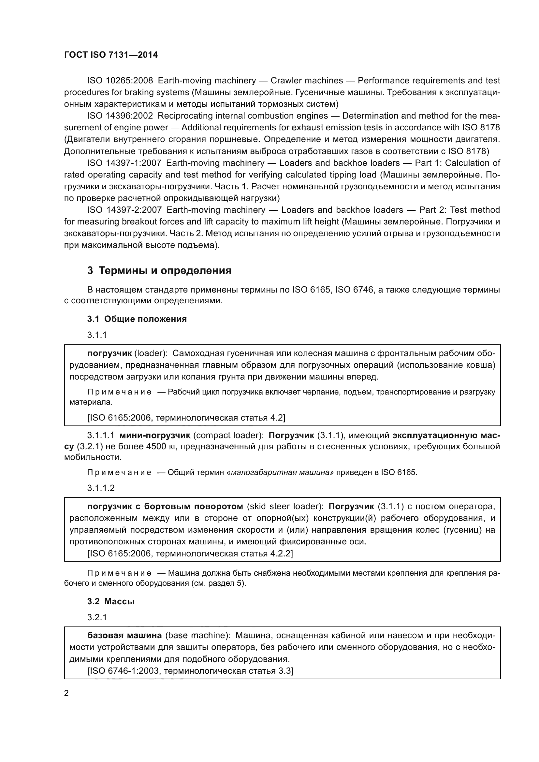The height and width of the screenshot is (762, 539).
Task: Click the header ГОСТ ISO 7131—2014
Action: coord(111,55)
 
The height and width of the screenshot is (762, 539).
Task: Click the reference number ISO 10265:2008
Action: coord(120,81)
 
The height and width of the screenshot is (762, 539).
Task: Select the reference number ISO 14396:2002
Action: coord(120,116)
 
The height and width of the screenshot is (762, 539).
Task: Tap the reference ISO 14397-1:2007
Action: coord(124,163)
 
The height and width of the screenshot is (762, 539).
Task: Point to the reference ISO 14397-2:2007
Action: coord(124,210)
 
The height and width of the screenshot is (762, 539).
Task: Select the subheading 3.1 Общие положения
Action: coord(137,319)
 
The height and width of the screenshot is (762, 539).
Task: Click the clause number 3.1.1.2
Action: coord(101,488)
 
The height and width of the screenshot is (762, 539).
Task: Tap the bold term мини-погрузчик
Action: coord(155,435)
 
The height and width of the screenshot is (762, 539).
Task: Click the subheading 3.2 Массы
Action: coord(111,601)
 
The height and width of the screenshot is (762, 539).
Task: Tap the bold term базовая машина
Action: coord(124,635)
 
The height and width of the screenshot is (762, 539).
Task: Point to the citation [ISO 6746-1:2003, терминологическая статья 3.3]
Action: coord(190,671)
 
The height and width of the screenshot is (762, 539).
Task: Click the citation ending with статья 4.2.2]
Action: coord(190,554)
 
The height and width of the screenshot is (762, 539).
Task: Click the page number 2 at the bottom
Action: coord(66,693)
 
